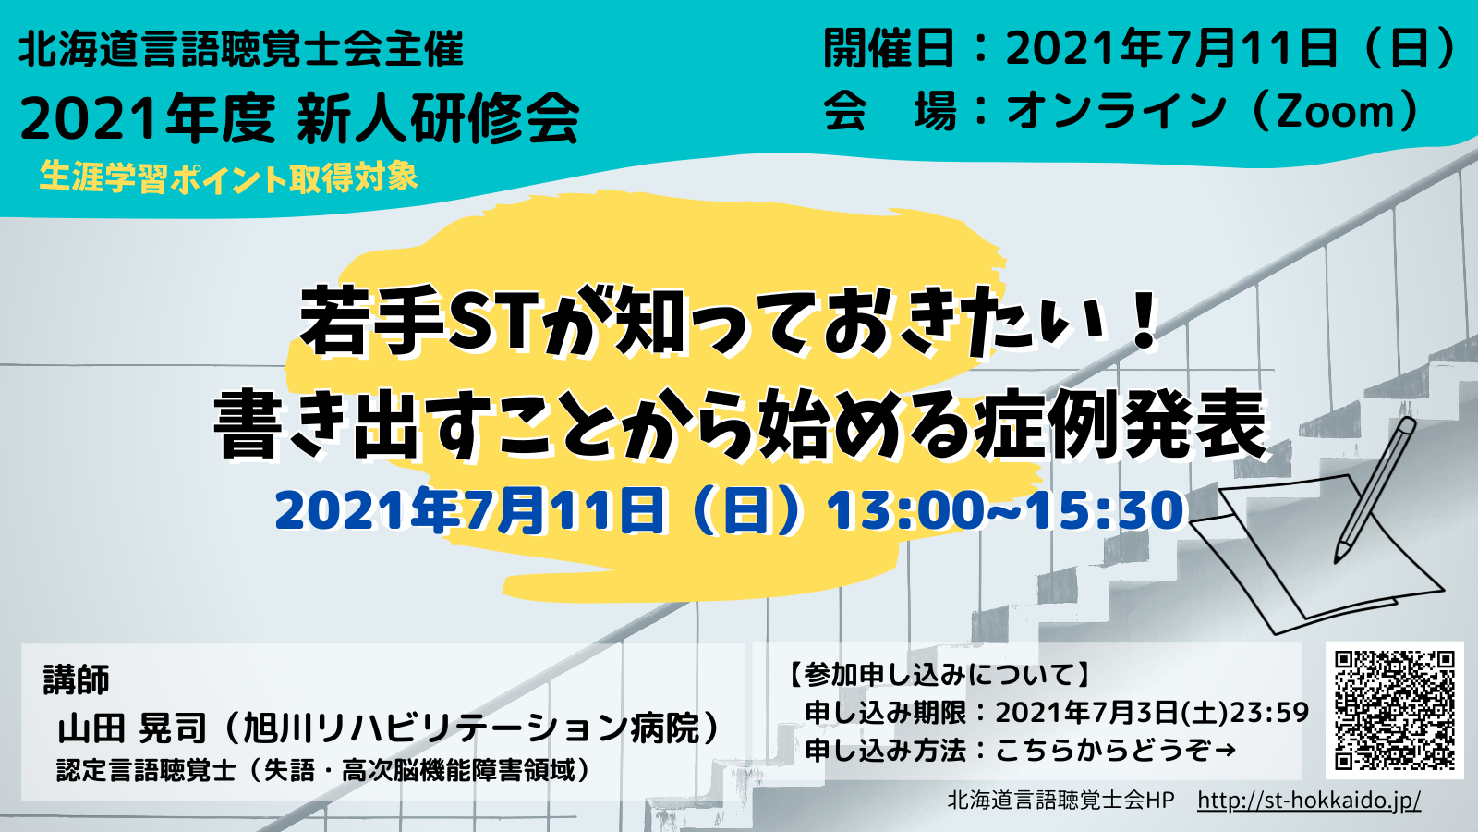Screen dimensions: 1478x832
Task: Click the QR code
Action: click(x=1394, y=710)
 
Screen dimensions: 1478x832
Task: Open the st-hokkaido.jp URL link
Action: click(x=1309, y=801)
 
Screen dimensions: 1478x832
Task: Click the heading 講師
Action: click(x=76, y=679)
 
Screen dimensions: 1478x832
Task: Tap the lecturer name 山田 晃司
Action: click(x=133, y=728)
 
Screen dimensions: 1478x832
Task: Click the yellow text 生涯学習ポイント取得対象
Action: click(x=228, y=177)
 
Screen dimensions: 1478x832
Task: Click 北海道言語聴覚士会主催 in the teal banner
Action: click(x=241, y=49)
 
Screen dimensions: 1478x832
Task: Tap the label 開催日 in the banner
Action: click(x=889, y=48)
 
